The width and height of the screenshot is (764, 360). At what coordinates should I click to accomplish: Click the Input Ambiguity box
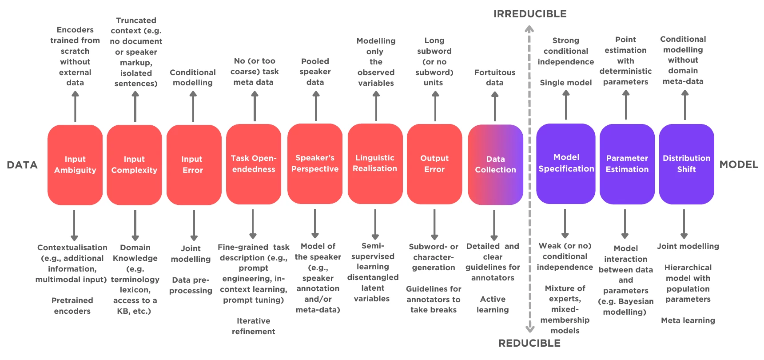(75, 165)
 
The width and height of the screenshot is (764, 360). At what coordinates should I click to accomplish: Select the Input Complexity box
(134, 165)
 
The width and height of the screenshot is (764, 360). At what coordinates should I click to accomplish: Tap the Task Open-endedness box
(254, 164)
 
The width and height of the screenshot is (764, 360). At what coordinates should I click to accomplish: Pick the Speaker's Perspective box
(315, 164)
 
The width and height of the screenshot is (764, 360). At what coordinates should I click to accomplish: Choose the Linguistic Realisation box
(375, 164)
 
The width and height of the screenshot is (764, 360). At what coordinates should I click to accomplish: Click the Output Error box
(434, 164)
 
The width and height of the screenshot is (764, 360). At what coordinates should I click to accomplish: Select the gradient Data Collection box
(496, 164)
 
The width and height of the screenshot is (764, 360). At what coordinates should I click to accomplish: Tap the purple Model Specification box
(566, 164)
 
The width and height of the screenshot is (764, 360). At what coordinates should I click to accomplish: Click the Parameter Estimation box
(627, 164)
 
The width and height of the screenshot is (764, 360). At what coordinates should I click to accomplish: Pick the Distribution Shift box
(687, 164)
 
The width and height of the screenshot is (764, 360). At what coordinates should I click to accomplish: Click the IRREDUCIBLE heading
(530, 14)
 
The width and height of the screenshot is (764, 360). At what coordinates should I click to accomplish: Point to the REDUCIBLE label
(529, 343)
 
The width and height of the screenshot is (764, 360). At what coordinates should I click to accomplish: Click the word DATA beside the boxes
(22, 165)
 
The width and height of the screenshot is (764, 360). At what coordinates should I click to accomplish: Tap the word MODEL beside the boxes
(739, 164)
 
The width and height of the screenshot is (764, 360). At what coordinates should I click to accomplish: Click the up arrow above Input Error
(193, 106)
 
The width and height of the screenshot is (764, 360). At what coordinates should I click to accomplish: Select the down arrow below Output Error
(434, 225)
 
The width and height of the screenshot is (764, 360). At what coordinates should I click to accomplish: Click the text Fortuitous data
(495, 77)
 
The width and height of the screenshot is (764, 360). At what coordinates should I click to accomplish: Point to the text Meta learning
(688, 320)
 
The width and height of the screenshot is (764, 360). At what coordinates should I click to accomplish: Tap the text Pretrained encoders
(72, 306)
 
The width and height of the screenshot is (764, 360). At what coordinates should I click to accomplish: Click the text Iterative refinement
(254, 326)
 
